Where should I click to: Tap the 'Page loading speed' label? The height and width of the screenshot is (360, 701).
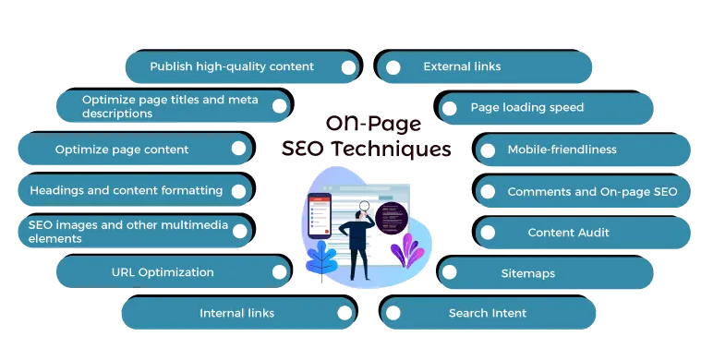(527, 108)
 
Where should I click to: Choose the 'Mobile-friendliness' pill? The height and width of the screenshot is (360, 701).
(562, 149)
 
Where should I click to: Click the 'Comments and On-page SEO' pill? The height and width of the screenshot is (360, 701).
(586, 191)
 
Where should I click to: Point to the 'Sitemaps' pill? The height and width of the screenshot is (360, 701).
(528, 273)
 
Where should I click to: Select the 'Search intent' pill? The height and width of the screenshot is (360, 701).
(488, 313)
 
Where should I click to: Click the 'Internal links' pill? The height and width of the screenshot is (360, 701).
(236, 313)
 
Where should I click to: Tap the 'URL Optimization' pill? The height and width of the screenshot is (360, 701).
(162, 272)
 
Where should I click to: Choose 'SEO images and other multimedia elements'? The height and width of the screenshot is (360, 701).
(120, 232)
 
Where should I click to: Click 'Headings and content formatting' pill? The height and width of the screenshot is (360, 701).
(126, 190)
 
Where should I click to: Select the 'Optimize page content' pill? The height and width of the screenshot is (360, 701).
(121, 149)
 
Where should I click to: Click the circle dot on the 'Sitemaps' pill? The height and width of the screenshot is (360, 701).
(450, 273)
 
